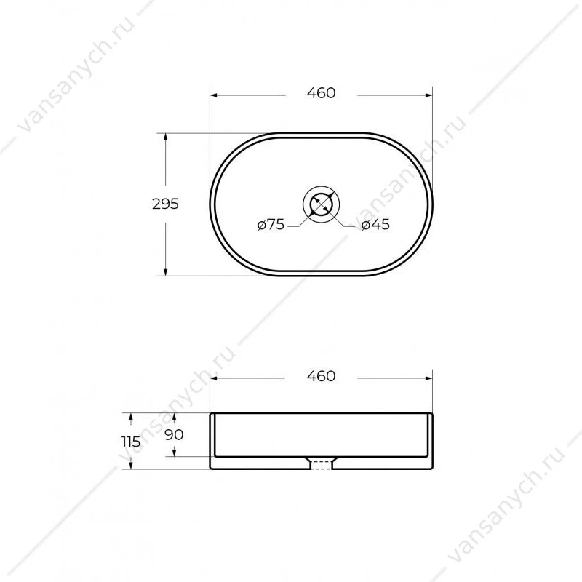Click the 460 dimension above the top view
(321, 93)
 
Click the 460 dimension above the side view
(321, 376)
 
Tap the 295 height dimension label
(165, 204)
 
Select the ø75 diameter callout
(271, 225)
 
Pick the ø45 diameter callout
(375, 225)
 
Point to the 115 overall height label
(131, 442)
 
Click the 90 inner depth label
(174, 434)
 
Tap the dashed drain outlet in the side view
(321, 464)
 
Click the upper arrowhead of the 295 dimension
(166, 137)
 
